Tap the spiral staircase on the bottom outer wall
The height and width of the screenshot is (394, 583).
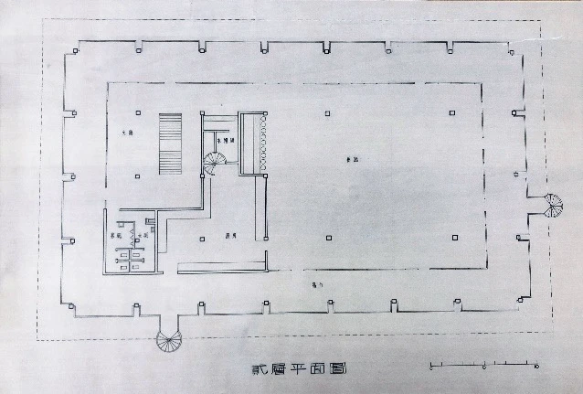click(x=170, y=339)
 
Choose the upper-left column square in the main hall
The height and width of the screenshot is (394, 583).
click(x=328, y=112)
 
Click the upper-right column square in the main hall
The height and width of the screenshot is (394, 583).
click(x=454, y=112)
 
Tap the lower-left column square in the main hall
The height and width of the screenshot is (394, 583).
click(x=328, y=238)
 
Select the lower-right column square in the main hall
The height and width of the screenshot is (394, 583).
click(x=454, y=238)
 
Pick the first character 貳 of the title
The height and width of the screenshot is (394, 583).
click(x=259, y=370)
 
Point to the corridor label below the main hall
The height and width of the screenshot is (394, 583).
click(x=316, y=285)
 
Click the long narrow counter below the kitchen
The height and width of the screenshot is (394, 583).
click(x=223, y=267)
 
